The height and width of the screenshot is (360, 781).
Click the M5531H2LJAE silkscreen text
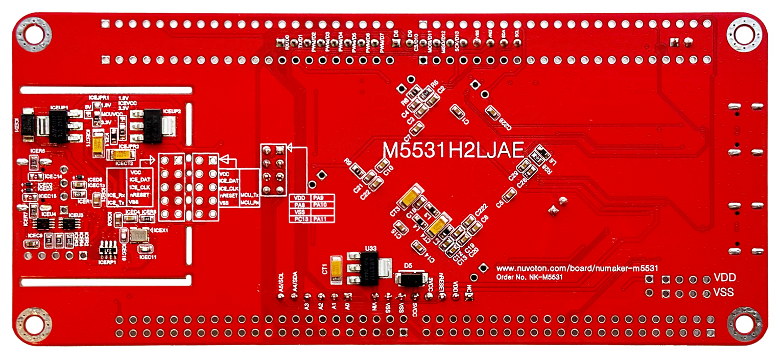(454, 150)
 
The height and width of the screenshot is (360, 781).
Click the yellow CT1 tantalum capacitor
(336, 270)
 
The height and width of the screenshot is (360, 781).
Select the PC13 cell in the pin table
(300, 220)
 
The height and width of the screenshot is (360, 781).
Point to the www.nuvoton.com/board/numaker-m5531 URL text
(576, 268)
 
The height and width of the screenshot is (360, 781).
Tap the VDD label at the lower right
(724, 278)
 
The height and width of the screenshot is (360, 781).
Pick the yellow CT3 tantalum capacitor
(411, 198)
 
